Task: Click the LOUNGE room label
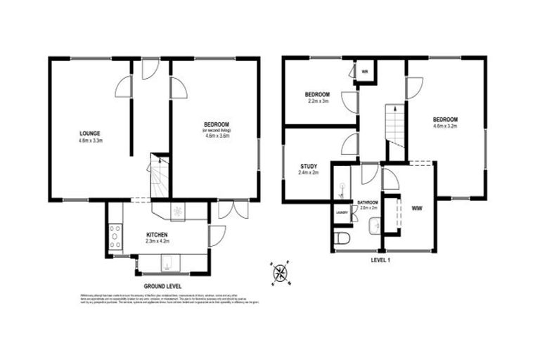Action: pyautogui.click(x=89, y=133)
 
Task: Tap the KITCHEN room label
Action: pyautogui.click(x=157, y=234)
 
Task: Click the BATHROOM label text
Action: pyautogui.click(x=368, y=201)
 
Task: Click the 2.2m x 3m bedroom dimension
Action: pyautogui.click(x=317, y=101)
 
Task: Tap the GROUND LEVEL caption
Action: pyautogui.click(x=162, y=286)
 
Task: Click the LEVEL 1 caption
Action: pyautogui.click(x=384, y=259)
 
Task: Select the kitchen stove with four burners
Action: pyautogui.click(x=115, y=236)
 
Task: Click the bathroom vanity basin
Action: pyautogui.click(x=373, y=225)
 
